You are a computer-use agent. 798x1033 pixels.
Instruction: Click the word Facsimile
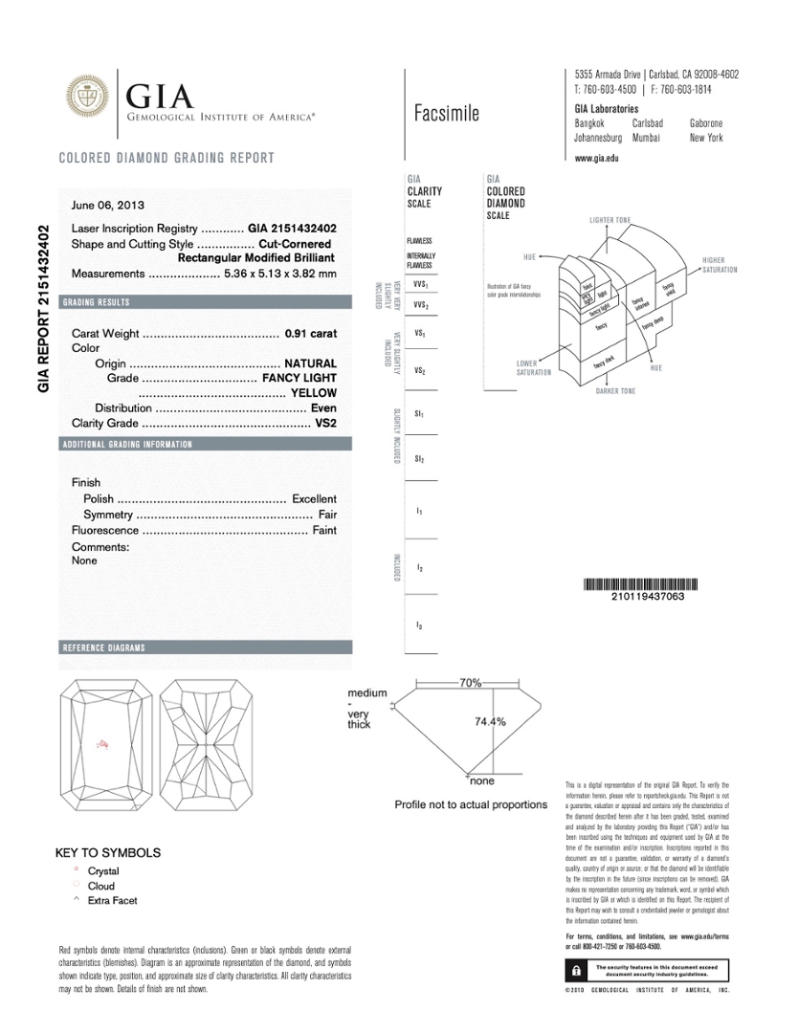coord(447,114)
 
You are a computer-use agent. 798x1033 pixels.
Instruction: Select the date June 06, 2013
coord(108,205)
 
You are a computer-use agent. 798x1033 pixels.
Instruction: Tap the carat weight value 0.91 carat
coord(311,334)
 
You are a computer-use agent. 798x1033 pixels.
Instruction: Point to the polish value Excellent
coord(314,499)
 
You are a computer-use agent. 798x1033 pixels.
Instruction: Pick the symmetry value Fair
coord(327,515)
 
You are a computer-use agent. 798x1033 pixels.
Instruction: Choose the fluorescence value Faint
coord(324,530)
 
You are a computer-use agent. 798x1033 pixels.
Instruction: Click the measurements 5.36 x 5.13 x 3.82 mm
coord(280,275)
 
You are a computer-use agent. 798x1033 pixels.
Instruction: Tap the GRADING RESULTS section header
coord(96,303)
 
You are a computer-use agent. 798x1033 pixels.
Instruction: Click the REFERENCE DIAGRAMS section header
coord(104,648)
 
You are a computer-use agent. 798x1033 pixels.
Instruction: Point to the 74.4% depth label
coord(491,722)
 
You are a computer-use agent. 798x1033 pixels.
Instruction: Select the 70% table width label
coord(470,683)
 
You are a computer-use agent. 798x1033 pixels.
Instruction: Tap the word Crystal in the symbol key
coord(103,871)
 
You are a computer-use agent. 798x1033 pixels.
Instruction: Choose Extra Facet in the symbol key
coord(112,900)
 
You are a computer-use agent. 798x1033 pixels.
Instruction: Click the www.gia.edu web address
coord(596,158)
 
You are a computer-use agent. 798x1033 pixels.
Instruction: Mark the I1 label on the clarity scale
coord(419,512)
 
